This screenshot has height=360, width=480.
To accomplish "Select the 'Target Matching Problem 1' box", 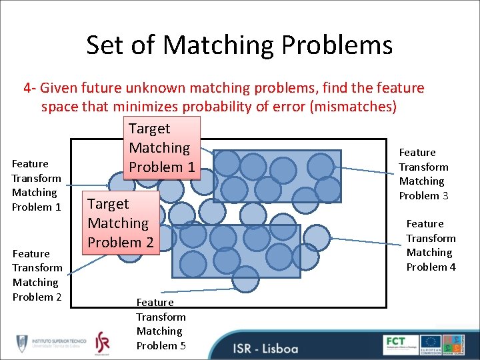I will click(161, 148).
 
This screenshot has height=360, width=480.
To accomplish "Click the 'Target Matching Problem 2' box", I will click(120, 223).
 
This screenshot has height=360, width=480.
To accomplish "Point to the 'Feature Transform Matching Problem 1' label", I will click(36, 185).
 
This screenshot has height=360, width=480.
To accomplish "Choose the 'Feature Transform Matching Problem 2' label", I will click(37, 275).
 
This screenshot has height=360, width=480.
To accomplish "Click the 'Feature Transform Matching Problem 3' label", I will click(423, 174).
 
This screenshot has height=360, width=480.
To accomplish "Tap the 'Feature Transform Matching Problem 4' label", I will click(431, 245).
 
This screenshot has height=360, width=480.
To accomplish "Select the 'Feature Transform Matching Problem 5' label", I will click(161, 324).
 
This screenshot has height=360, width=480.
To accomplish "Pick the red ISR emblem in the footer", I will click(102, 343).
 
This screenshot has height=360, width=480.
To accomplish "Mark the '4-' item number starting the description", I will click(31, 88).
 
